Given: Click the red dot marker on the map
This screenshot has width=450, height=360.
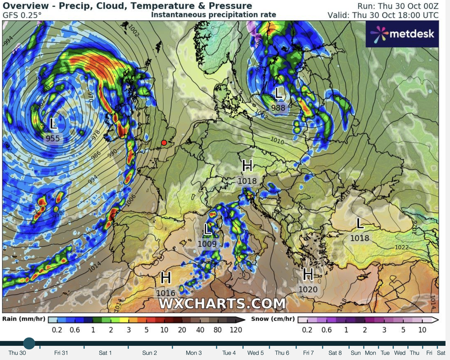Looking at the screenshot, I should (x=164, y=143).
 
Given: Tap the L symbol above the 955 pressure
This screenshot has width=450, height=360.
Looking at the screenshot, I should (x=53, y=124).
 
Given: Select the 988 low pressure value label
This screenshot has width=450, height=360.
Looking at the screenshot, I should (x=278, y=108).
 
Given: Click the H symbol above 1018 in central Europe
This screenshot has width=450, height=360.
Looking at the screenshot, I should (x=247, y=166).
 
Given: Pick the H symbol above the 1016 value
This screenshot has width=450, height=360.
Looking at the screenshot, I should (x=166, y=278).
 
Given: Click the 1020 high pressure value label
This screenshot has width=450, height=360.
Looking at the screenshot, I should (x=308, y=289).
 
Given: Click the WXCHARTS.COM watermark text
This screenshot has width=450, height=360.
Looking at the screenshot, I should (x=222, y=304).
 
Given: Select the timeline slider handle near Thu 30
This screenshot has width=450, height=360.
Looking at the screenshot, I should (x=29, y=343).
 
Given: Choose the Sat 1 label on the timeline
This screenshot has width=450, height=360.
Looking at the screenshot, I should (x=105, y=353).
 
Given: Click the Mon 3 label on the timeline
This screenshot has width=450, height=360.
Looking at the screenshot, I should (x=193, y=353).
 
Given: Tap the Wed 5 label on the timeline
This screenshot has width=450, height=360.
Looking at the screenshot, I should (x=255, y=353).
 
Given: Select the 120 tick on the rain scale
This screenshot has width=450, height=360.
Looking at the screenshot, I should (x=236, y=330).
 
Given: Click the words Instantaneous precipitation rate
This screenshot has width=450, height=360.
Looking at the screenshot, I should (x=214, y=15).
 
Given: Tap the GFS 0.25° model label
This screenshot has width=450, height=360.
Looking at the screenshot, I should (x=22, y=15).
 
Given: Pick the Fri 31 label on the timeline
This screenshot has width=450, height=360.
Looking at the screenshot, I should (x=61, y=353).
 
